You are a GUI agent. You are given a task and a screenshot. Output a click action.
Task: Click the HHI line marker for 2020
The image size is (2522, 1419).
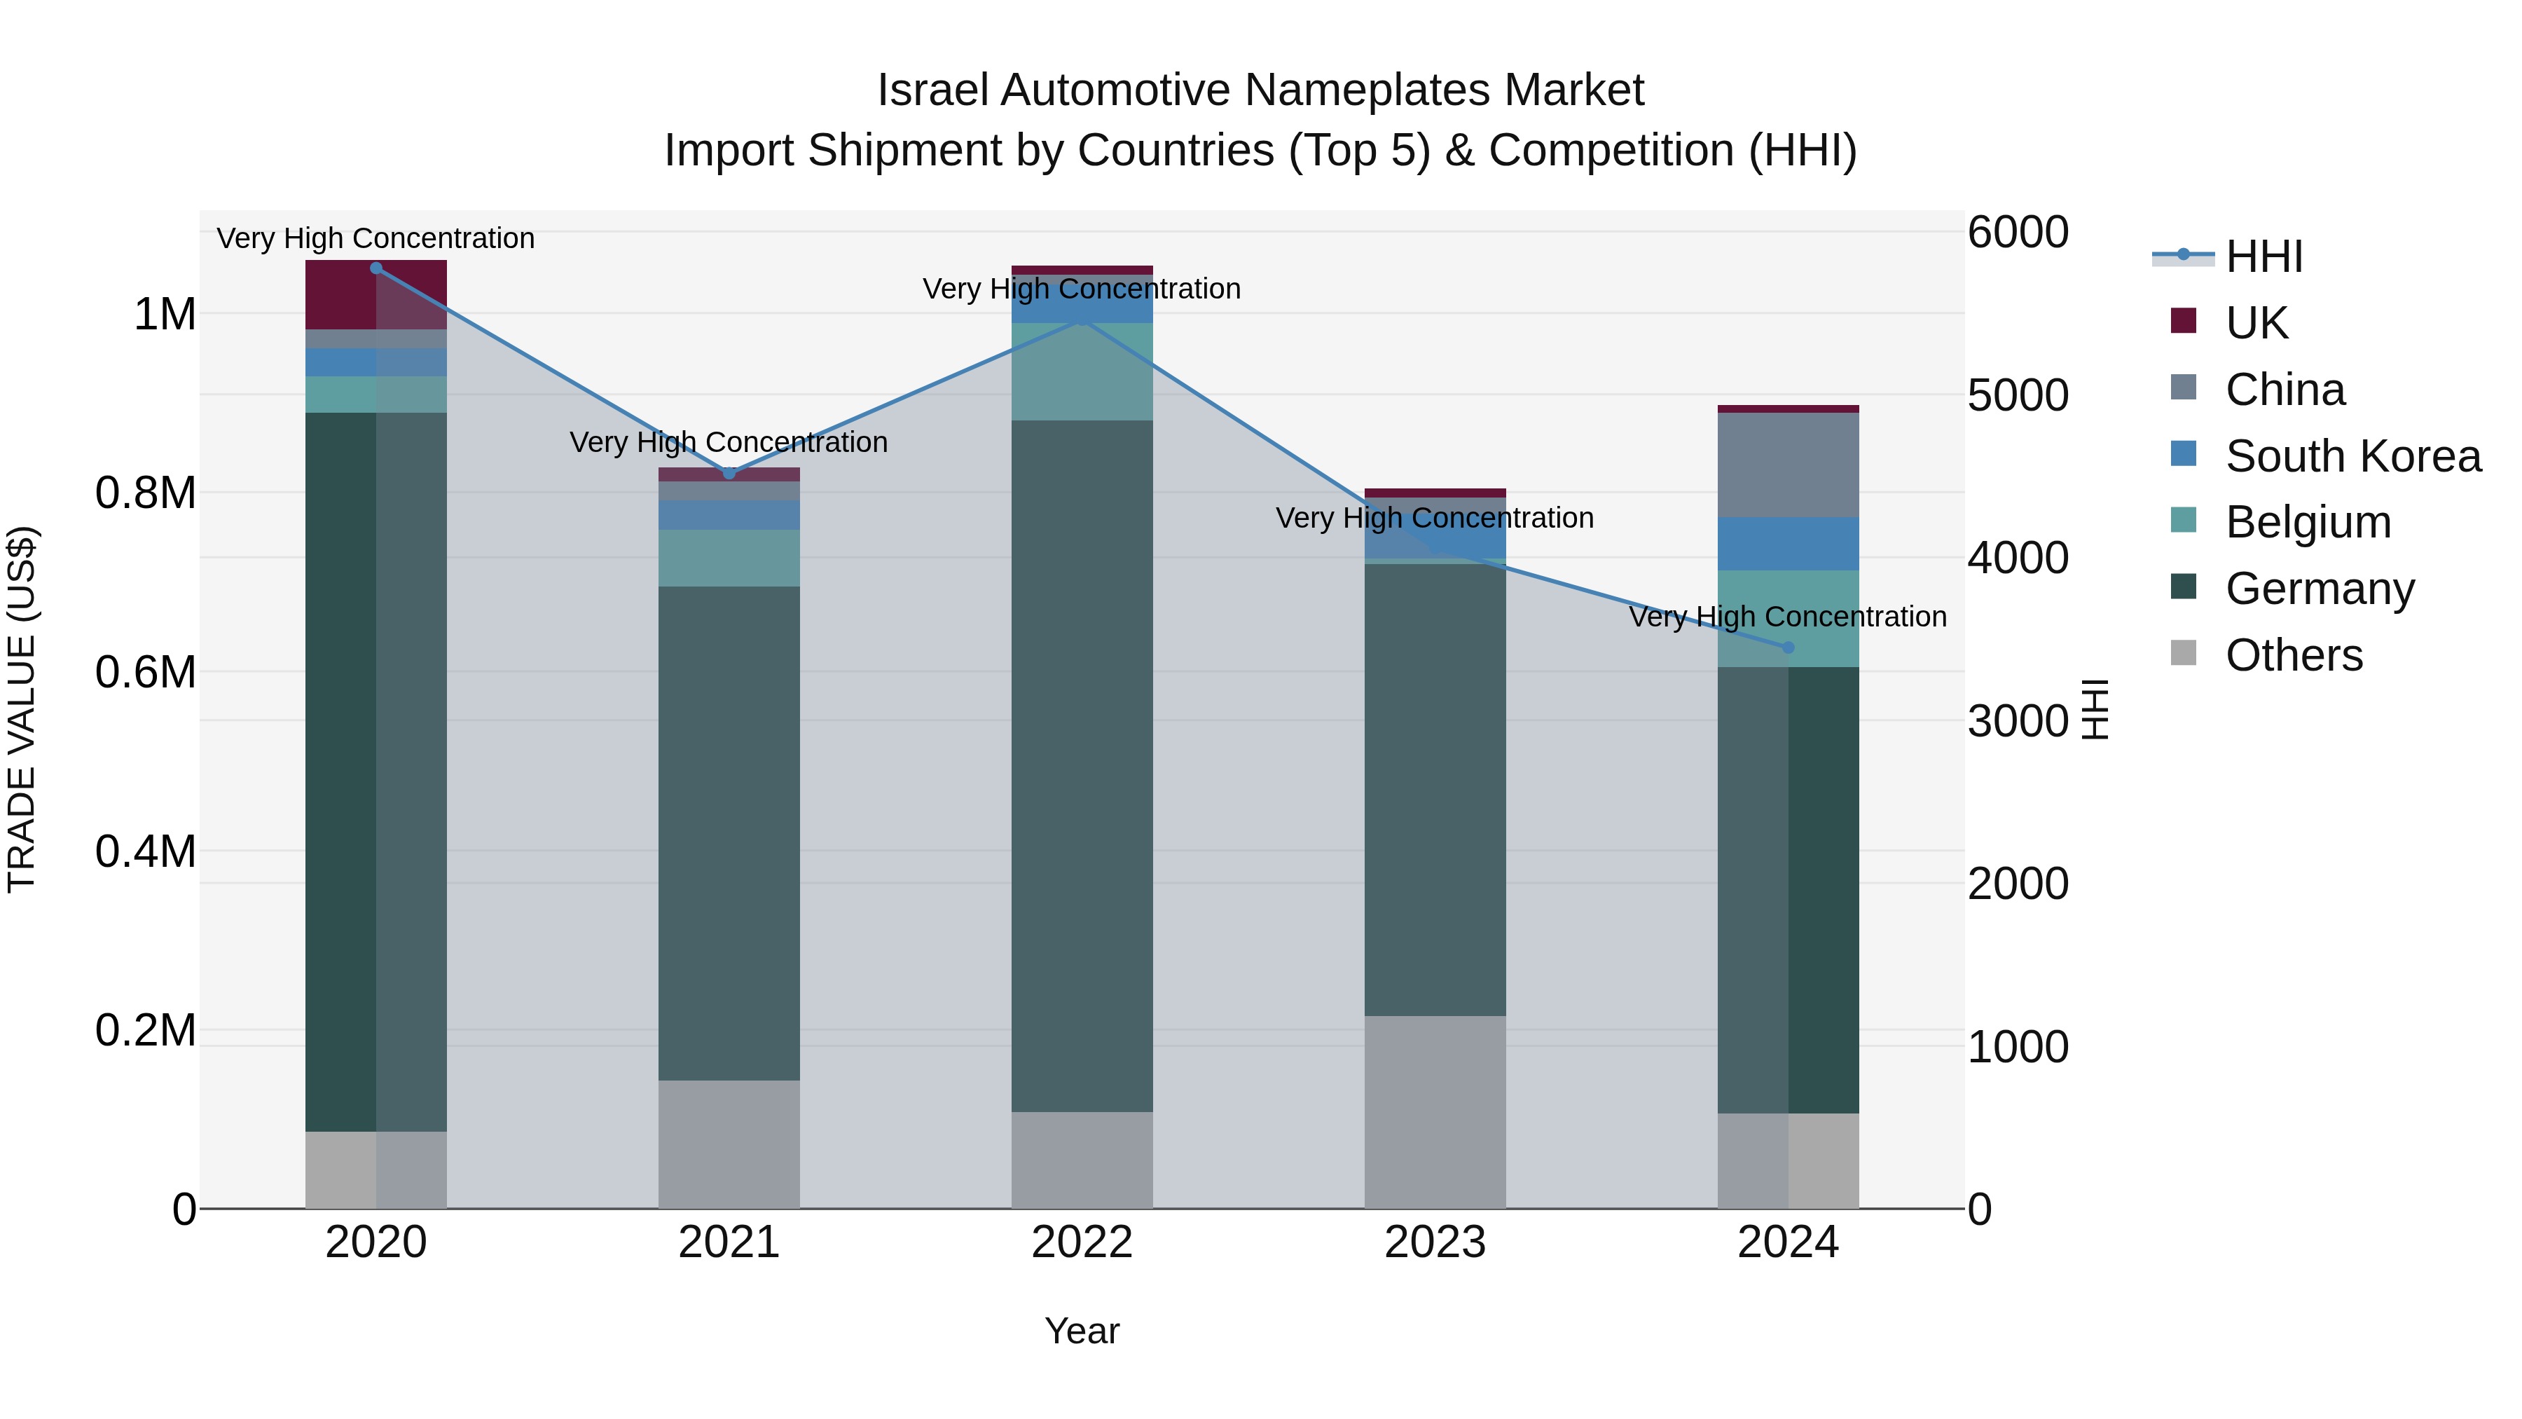[x=376, y=268]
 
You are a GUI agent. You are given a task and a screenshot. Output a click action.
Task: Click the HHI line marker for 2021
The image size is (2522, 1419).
[x=729, y=474]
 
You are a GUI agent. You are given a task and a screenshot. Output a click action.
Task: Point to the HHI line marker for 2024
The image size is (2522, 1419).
[x=1788, y=647]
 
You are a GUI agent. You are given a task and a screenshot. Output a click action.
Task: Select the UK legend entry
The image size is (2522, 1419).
[x=2256, y=323]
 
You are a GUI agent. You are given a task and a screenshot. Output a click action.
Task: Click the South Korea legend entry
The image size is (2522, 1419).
[x=2352, y=456]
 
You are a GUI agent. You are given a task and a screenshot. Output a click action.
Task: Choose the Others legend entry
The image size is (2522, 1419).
[x=2293, y=655]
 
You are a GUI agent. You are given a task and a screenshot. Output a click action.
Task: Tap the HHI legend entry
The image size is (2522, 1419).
[x=2263, y=256]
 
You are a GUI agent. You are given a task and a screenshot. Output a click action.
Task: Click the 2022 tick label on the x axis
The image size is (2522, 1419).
[x=1082, y=1242]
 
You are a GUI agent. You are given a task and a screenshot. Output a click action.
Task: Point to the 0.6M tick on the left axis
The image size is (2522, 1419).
[x=145, y=673]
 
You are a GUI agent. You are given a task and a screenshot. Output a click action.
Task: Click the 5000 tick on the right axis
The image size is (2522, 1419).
[x=2017, y=396]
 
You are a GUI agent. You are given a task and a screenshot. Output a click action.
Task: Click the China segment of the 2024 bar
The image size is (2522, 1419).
[x=1788, y=465]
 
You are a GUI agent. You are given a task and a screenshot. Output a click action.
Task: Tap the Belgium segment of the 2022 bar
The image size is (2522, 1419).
[x=1082, y=372]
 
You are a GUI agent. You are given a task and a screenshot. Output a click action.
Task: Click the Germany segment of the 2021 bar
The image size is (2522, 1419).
[x=729, y=832]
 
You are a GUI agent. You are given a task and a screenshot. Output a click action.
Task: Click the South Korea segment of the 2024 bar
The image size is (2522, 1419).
[x=1788, y=544]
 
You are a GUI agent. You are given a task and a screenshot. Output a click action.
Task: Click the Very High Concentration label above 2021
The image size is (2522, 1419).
[x=729, y=443]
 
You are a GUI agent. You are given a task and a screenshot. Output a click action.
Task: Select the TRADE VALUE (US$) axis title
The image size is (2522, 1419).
[x=22, y=709]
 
